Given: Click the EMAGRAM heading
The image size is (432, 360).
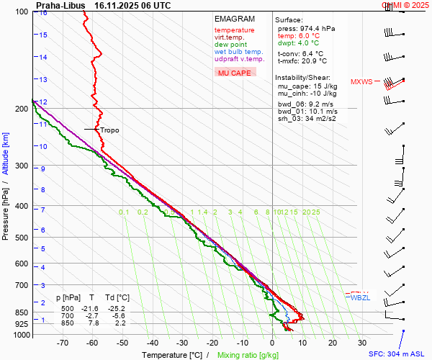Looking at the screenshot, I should click(x=235, y=19).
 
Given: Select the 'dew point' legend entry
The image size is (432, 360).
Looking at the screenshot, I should click(x=230, y=45).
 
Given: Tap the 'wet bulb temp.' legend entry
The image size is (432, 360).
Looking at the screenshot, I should click(x=238, y=52).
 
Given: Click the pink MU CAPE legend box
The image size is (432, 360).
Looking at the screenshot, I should click(x=235, y=73).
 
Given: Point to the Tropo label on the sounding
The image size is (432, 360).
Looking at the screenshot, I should click(x=109, y=130).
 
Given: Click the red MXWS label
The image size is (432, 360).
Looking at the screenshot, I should click(x=361, y=81).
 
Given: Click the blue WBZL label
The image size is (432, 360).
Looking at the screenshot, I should click(x=360, y=298).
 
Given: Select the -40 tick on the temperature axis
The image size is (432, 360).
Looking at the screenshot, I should click(x=153, y=343).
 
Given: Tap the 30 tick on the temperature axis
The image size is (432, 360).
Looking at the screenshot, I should click(x=362, y=343).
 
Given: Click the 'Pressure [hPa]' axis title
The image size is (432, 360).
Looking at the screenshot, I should click(x=6, y=209).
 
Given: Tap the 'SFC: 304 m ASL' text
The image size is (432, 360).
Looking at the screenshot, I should click(x=398, y=354).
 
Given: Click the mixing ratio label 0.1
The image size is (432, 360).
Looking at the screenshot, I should click(x=124, y=212).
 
